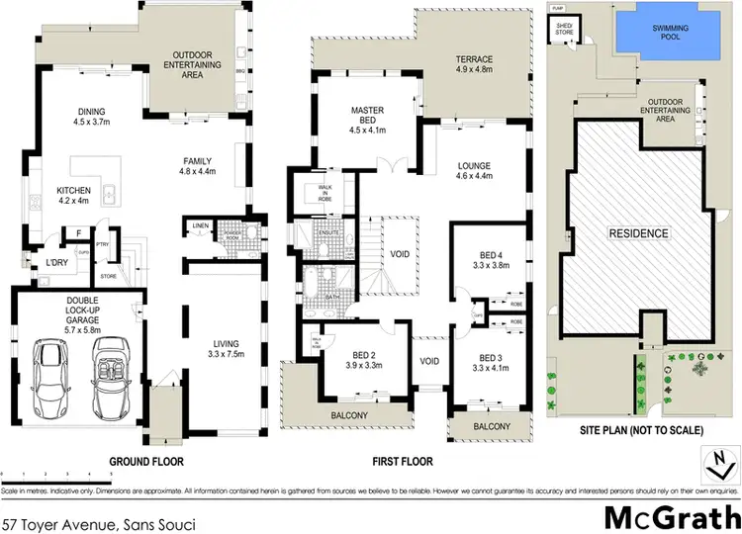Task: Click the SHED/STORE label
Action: point(564,31)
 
